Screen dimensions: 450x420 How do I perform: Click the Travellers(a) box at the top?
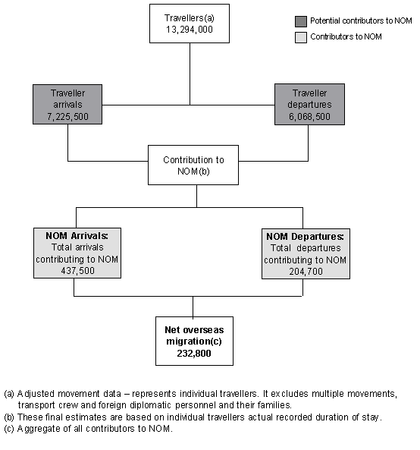[x=189, y=23]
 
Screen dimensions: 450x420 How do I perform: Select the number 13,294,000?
[x=189, y=29]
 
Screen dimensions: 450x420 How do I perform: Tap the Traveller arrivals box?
[x=67, y=105]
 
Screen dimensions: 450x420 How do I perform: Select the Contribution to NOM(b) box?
[x=193, y=165]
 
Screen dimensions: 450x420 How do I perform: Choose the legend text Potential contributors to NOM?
[x=361, y=21]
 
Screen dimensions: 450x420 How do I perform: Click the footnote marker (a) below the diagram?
[x=9, y=393]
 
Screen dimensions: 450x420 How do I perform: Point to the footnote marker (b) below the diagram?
[x=9, y=417]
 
